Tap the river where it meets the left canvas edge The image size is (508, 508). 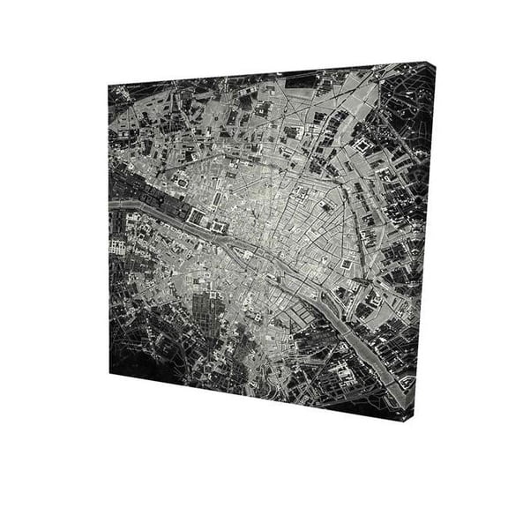[112, 205]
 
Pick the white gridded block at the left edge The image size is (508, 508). [119, 248]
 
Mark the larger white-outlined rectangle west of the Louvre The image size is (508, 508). [196, 216]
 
